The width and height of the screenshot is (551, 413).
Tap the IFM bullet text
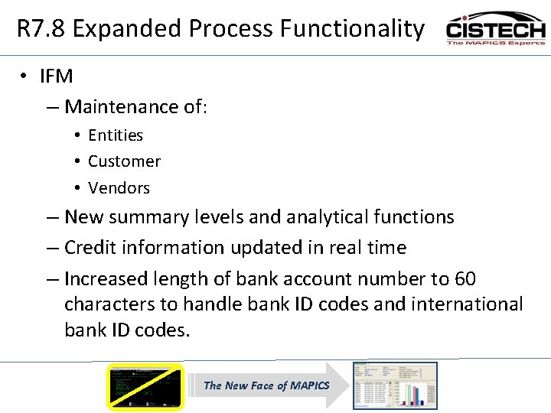click(57, 76)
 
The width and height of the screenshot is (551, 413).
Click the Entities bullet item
click(116, 135)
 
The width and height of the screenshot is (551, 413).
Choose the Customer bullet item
click(124, 161)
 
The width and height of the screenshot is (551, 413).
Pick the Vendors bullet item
click(119, 188)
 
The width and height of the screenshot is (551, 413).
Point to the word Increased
click(103, 278)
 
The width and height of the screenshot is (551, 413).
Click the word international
click(467, 304)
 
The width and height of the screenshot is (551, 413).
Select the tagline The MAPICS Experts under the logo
click(495, 43)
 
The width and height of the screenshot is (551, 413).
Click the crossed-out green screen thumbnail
click(145, 386)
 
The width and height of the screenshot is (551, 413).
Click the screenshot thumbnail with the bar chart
click(394, 385)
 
